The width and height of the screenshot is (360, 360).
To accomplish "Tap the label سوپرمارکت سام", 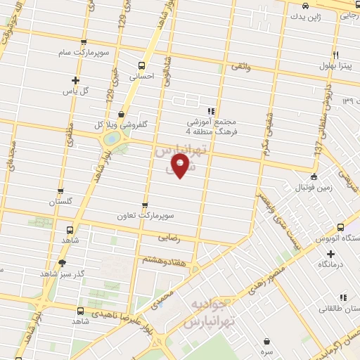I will point(84,53).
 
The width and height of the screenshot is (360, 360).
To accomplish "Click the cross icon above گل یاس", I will point(75,80).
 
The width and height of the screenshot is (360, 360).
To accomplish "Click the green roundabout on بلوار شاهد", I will point(111,139).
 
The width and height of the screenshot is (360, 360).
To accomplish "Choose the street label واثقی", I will point(239,67).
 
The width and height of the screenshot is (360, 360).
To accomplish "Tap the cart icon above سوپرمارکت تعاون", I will point(145,205).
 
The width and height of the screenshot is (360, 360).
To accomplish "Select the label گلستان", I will point(61,202).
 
